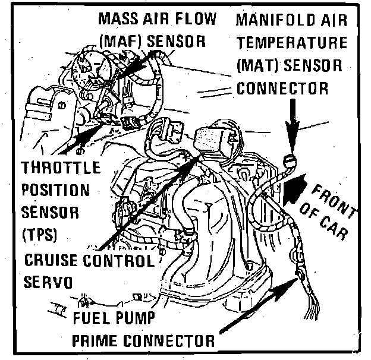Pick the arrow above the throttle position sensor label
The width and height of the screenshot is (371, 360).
[80, 137]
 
